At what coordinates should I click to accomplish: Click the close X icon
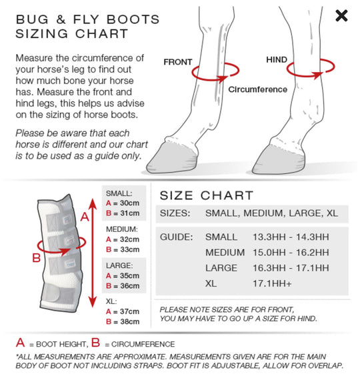click(341, 15)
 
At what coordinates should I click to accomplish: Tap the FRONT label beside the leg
click(178, 62)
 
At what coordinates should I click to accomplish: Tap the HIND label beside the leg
click(277, 60)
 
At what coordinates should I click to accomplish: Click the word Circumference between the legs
click(258, 89)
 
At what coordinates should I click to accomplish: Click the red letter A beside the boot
click(84, 217)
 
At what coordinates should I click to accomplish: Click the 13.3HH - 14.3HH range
click(291, 237)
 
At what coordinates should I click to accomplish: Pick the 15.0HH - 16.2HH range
click(291, 253)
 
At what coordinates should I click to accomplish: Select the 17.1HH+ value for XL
click(273, 284)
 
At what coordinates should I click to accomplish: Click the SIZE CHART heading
click(207, 195)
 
